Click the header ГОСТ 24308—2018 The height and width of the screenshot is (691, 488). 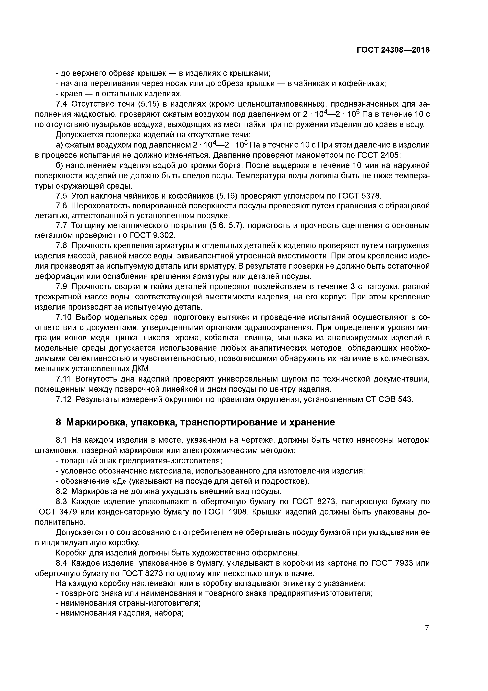[393, 50]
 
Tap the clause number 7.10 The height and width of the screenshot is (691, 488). [64, 318]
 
